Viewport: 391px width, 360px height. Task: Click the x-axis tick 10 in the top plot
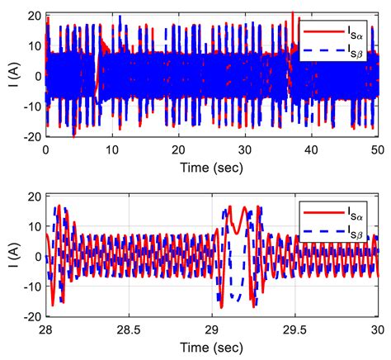(x=112, y=151)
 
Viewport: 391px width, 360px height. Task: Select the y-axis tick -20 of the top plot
(x=29, y=136)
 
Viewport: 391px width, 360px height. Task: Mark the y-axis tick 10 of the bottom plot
(x=31, y=226)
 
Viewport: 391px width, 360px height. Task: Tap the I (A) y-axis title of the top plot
(x=10, y=77)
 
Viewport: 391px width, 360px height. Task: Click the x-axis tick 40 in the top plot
(x=311, y=151)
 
